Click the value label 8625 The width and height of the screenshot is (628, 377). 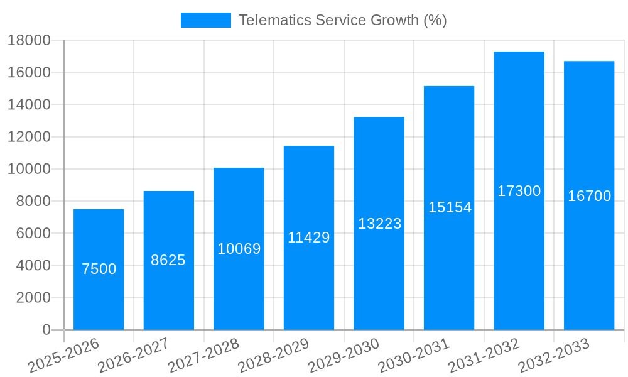(168, 260)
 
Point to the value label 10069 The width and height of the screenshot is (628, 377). (239, 249)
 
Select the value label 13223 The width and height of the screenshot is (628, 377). (379, 224)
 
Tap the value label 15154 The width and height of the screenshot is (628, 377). (450, 207)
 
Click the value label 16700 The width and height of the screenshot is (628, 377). (589, 196)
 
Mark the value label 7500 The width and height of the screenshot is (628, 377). (99, 269)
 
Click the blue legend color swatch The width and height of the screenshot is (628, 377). (205, 20)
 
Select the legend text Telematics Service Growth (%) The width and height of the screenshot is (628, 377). (343, 20)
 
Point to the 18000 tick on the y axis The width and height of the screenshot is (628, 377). (29, 40)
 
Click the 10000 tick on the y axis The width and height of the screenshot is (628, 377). (29, 169)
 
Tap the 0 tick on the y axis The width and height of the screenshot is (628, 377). (46, 330)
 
